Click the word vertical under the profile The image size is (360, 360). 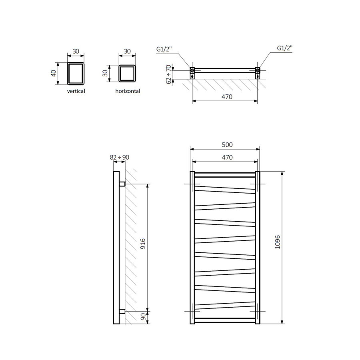[x=76, y=91]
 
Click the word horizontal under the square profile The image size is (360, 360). [x=128, y=91]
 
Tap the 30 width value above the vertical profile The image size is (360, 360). [x=76, y=52]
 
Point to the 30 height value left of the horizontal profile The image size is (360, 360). [x=105, y=74]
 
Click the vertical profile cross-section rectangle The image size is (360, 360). [x=76, y=74]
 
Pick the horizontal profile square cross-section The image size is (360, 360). [x=128, y=74]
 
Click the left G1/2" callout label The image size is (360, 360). [x=164, y=49]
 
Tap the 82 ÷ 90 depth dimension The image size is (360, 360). [x=119, y=157]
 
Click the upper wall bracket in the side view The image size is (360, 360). [x=122, y=184]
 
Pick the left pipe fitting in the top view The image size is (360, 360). [x=193, y=72]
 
